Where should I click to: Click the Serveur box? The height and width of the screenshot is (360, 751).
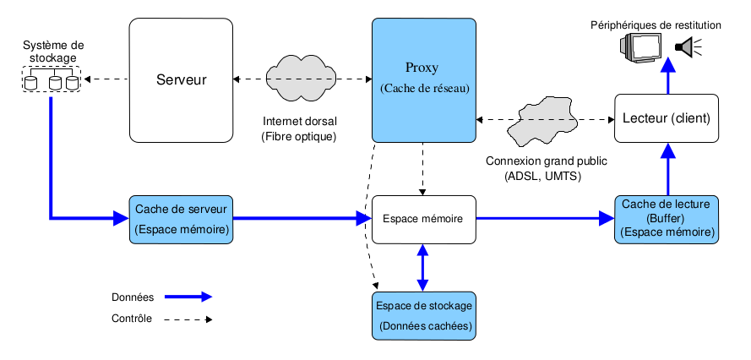pos(181,80)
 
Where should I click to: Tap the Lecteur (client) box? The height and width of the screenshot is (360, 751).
pos(668,117)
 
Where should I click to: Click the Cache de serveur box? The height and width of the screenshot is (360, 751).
pos(182,219)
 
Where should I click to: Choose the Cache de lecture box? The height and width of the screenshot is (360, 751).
pos(668,219)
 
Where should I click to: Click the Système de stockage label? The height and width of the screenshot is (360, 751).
pos(52,52)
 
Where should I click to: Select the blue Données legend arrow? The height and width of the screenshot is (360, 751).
pos(188,297)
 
